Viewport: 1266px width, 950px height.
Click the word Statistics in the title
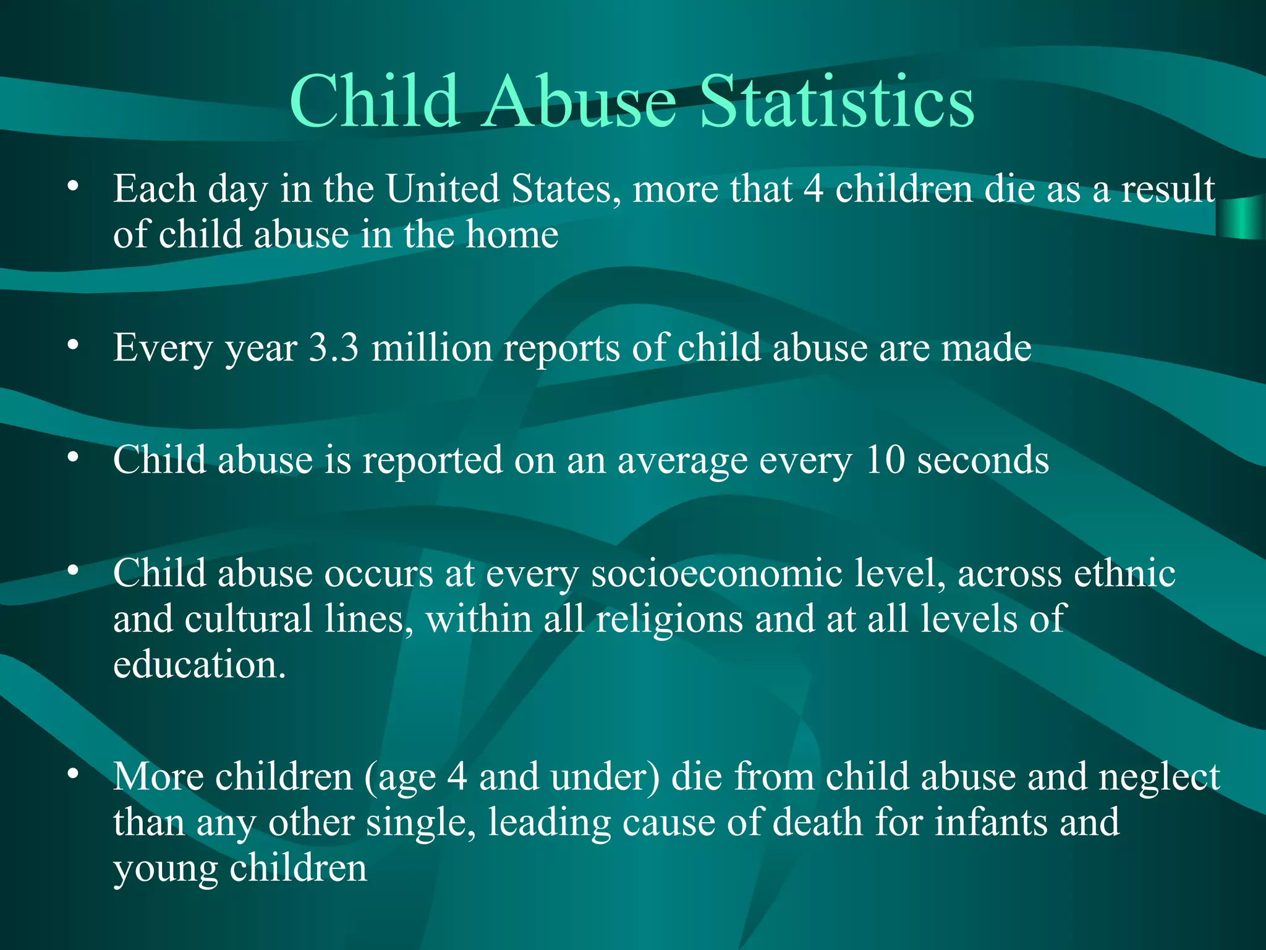point(837,102)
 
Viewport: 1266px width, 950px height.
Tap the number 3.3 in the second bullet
point(334,348)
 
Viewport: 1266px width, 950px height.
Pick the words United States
point(503,189)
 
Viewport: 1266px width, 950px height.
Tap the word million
point(431,348)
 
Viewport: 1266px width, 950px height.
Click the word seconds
point(983,460)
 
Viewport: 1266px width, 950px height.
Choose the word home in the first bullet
point(512,234)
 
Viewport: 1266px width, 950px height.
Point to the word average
point(682,461)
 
